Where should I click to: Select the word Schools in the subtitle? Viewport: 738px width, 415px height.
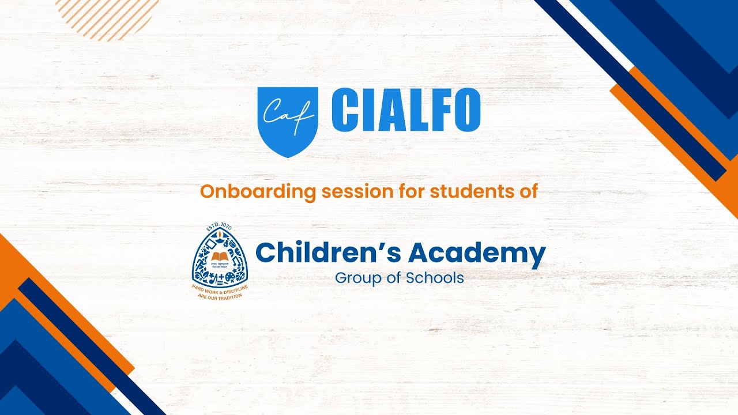(x=435, y=278)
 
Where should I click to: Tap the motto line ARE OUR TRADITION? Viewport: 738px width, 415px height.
(x=220, y=295)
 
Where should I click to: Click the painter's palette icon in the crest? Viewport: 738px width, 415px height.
(x=229, y=277)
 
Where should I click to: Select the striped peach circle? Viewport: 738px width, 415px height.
(x=107, y=17)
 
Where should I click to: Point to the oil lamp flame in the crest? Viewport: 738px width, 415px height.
(x=220, y=234)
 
